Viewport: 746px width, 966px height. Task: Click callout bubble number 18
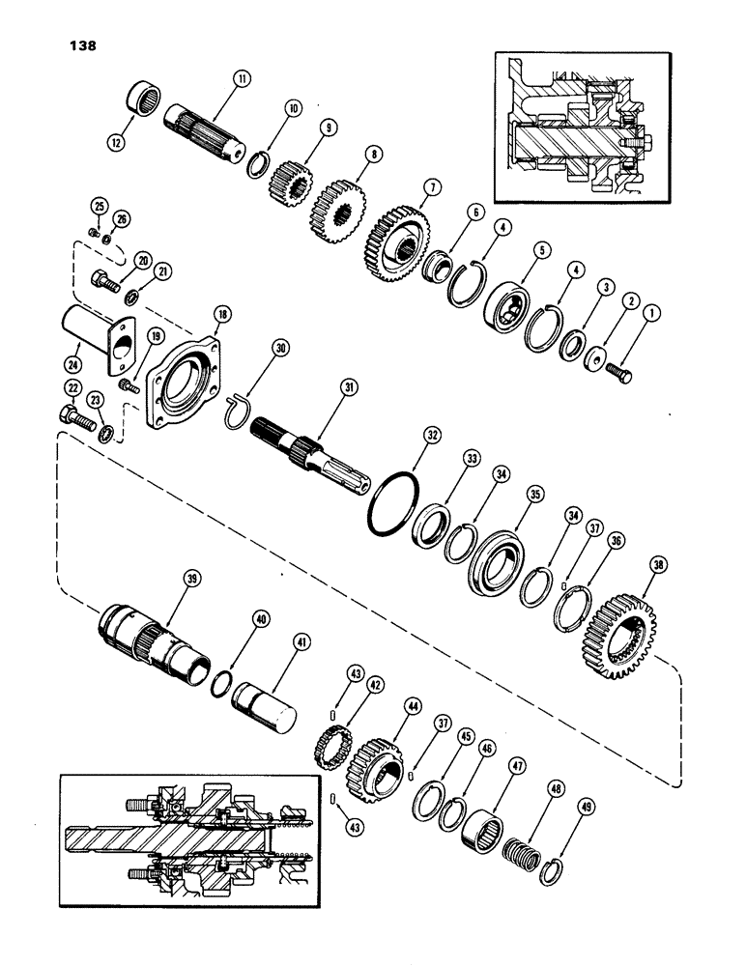pyautogui.click(x=222, y=315)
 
